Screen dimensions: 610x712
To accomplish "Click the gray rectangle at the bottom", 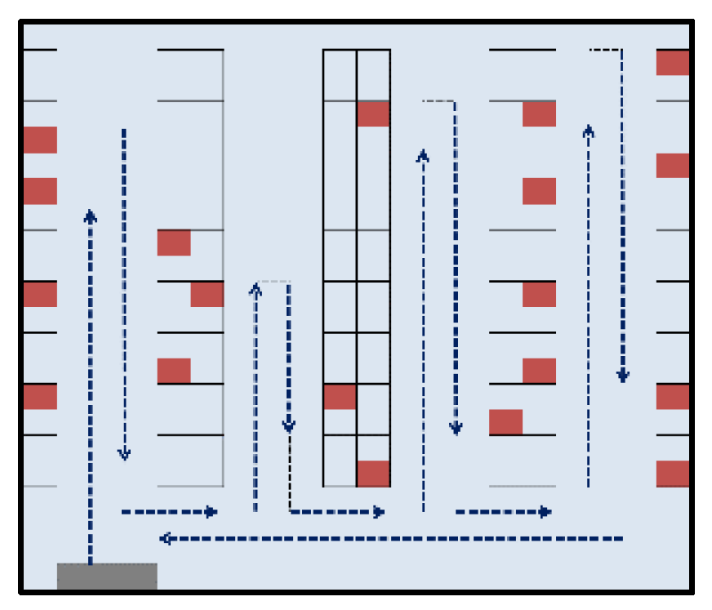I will coord(107,576).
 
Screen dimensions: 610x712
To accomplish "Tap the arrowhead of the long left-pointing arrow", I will coord(164,539).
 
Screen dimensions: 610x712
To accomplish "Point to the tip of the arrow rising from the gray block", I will coord(91,216).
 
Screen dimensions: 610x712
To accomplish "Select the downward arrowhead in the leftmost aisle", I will coord(124,453).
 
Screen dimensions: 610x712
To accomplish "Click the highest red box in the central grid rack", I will coord(373,114).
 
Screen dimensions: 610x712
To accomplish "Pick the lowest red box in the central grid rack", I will coord(373,474).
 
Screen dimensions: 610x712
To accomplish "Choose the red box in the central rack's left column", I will coord(340,397).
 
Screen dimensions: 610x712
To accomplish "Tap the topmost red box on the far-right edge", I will coord(673,63).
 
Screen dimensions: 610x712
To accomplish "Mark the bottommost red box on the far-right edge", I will coord(673,474).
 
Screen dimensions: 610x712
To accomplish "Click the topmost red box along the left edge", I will coord(40,140).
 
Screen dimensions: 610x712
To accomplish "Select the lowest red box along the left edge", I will coord(40,397).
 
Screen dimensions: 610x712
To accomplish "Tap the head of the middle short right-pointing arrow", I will coord(379,512).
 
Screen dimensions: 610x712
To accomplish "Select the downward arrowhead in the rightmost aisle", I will coord(623,376).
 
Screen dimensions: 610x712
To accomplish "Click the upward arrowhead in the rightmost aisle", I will coord(589,130).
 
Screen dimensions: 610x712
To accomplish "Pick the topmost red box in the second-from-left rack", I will coord(174,243).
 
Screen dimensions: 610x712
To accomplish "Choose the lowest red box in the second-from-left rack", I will coord(174,371).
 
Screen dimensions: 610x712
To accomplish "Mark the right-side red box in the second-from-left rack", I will coord(207,294).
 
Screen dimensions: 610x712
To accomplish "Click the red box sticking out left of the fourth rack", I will coord(505,422).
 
